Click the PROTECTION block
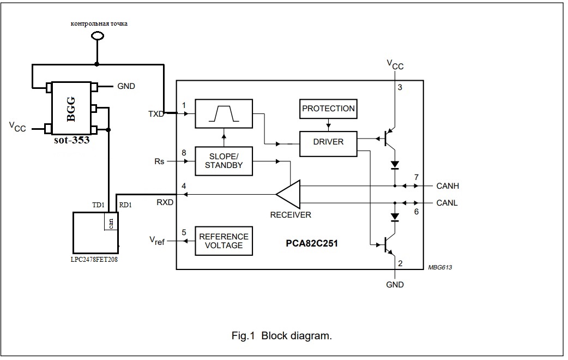pyautogui.click(x=328, y=109)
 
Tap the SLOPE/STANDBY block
pyautogui.click(x=223, y=161)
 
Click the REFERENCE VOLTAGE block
pyautogui.click(x=223, y=241)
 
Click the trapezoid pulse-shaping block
pyautogui.click(x=223, y=113)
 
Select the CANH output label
pyautogui.click(x=448, y=186)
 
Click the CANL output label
pyautogui.click(x=446, y=203)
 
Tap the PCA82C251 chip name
pyautogui.click(x=312, y=243)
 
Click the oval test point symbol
pyautogui.click(x=97, y=35)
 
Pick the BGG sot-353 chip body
pyautogui.click(x=71, y=109)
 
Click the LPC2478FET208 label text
pyautogui.click(x=94, y=260)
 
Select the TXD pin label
pyautogui.click(x=156, y=114)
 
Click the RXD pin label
pyautogui.click(x=165, y=202)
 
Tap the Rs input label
pyautogui.click(x=159, y=161)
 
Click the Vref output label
pyautogui.click(x=157, y=241)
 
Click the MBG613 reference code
pyautogui.click(x=440, y=268)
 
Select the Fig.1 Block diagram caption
pyautogui.click(x=281, y=335)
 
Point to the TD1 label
pyautogui.click(x=98, y=205)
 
